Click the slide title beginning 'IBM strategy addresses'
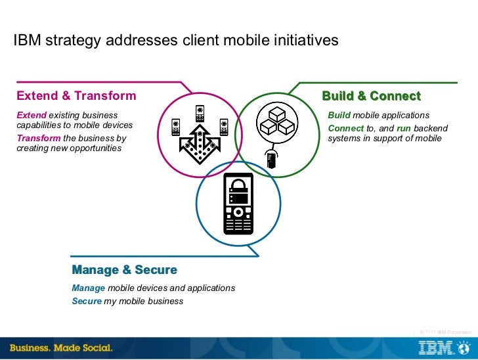point(176,41)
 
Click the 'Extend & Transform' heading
point(76,96)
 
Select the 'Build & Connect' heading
point(371,96)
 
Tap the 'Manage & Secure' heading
point(124,270)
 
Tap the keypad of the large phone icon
point(238,220)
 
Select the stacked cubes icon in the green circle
point(276,122)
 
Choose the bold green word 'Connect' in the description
point(346,128)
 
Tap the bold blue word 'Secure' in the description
point(87,302)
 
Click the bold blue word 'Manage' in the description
point(89,288)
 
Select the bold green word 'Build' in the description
point(339,116)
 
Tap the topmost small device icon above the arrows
point(200,111)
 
